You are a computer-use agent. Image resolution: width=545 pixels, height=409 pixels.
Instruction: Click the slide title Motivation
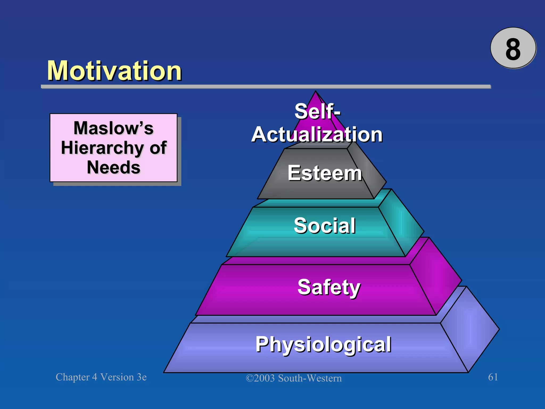click(114, 71)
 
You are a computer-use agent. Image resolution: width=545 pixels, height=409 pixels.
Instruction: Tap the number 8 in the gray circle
click(513, 49)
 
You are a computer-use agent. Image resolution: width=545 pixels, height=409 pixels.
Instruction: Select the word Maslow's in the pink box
click(114, 128)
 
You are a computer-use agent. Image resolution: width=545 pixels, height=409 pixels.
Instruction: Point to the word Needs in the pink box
click(114, 167)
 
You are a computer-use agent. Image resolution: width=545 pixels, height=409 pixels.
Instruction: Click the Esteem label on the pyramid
click(325, 173)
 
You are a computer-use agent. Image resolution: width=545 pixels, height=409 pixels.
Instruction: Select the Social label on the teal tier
click(325, 226)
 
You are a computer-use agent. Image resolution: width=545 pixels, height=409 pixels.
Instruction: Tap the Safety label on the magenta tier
click(329, 287)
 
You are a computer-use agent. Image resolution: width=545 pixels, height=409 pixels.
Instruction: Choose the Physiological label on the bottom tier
click(323, 344)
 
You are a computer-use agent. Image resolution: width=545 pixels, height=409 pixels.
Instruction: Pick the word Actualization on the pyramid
click(317, 134)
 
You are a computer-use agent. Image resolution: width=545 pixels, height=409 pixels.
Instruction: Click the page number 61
click(493, 377)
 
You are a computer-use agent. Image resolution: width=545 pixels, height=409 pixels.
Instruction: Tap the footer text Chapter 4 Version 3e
click(101, 377)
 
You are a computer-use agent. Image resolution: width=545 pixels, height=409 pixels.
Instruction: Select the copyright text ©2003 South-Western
click(294, 378)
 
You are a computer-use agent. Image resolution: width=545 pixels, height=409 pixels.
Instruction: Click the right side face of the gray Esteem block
click(369, 170)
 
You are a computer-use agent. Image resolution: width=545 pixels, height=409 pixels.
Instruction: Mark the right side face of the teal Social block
click(401, 224)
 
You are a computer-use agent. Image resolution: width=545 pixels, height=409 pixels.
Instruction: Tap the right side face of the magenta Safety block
click(435, 277)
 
